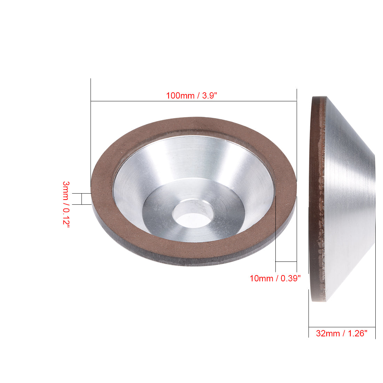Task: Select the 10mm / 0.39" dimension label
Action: click(275, 278)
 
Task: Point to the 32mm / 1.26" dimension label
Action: click(342, 333)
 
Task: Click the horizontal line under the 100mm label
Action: click(193, 101)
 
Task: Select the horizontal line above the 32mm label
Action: click(342, 327)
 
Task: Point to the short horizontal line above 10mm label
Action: click(286, 261)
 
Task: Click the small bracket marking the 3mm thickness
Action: click(81, 199)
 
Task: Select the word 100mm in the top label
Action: click(180, 95)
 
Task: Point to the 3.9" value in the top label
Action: click(210, 95)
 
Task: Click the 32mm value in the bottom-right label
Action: click(328, 333)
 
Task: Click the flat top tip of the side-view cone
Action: click(375, 198)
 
